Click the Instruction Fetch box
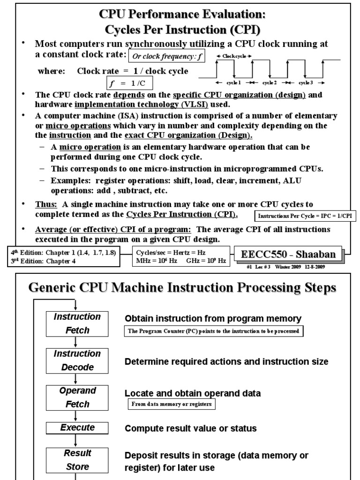77,323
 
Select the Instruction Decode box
77,360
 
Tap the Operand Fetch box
77,397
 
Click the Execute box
77,427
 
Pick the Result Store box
77,460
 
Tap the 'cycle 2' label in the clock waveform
270,82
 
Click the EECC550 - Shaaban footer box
288,255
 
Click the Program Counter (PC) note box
214,331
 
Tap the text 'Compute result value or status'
190,428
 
